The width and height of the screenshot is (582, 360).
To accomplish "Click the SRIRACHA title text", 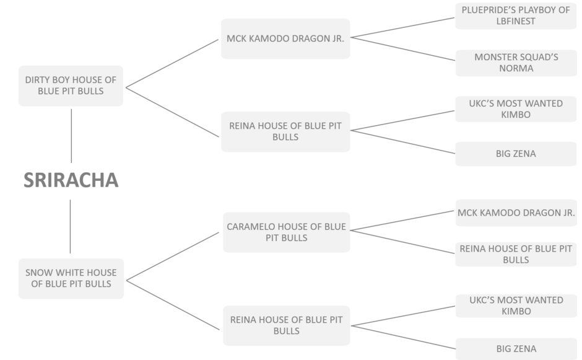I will point(71,180).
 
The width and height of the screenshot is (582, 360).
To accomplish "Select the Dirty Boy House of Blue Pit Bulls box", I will point(71,86).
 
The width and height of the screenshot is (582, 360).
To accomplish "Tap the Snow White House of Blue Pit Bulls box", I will point(71,278).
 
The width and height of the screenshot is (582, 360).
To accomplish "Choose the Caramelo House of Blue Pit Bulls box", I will point(285,232).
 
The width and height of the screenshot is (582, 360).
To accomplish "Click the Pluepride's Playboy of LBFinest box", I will point(516,16).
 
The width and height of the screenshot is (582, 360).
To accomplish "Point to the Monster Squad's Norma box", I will point(516,63).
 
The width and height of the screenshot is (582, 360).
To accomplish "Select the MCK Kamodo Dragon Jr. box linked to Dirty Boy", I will point(285,38).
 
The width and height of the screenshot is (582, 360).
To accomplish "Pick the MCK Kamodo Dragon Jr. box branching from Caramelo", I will point(516,213).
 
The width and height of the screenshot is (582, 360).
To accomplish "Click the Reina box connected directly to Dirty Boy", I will point(285,131).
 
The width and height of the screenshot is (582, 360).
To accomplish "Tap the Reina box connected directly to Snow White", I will point(285,325).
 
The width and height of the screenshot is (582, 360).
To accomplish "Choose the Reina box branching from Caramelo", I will point(516,254).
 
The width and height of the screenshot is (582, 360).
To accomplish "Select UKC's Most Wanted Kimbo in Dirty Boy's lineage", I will point(516,109).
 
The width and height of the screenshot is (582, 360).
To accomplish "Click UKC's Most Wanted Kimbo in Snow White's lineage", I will point(516,305).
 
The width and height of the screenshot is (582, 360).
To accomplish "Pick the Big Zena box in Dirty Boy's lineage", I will point(516,154).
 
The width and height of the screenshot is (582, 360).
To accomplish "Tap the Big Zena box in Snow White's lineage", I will point(516,349).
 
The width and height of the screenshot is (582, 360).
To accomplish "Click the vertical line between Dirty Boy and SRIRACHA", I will point(71,136).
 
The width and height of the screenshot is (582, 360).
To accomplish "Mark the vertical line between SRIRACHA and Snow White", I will point(71,226).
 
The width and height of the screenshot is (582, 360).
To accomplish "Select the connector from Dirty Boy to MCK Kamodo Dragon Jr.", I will point(172,63).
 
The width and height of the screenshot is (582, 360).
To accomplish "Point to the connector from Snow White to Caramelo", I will point(173,256).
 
